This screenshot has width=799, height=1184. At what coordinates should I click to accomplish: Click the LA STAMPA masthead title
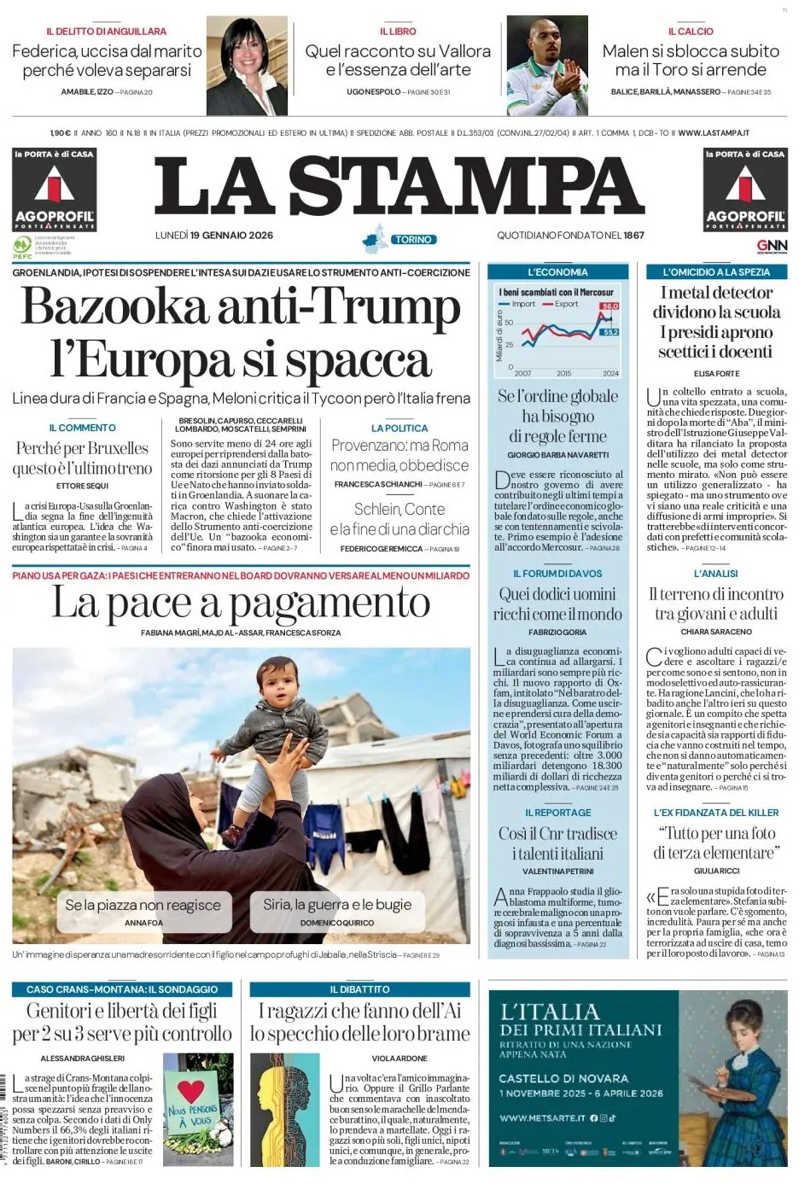(399, 185)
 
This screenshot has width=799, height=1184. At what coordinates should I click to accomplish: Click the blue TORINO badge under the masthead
(413, 240)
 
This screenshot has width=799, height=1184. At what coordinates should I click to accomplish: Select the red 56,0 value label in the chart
(609, 306)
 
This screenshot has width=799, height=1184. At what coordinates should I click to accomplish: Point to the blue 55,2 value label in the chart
(609, 331)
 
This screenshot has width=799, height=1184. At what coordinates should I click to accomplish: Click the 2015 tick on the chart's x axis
(564, 374)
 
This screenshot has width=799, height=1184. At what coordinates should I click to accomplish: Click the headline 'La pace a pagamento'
(241, 604)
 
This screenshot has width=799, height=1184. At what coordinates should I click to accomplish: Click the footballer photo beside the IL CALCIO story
(546, 66)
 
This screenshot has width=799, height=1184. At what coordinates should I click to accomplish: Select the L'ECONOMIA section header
(557, 272)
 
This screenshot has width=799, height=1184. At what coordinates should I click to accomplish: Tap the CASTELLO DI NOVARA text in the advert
(563, 1078)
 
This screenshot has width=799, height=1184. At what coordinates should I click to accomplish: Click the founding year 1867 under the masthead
(633, 236)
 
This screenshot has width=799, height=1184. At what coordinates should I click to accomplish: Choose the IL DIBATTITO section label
(359, 989)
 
